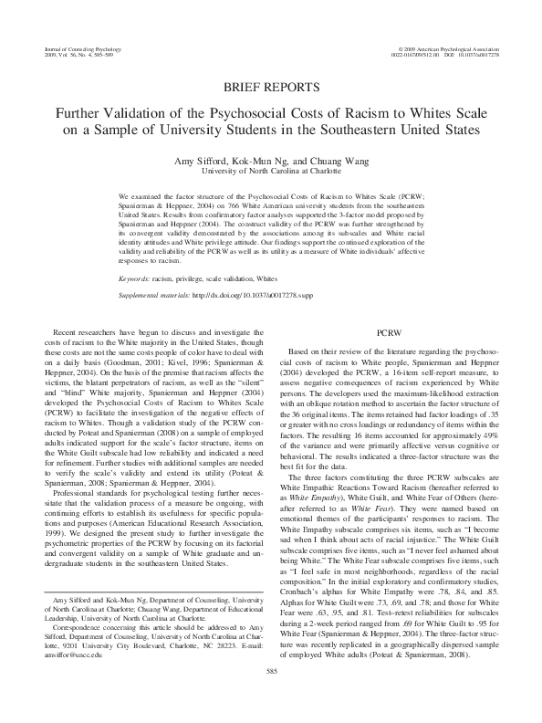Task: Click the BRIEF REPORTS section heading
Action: pyautogui.click(x=271, y=88)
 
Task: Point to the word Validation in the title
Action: pyautogui.click(x=144, y=111)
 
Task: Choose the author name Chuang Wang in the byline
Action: pyautogui.click(x=333, y=160)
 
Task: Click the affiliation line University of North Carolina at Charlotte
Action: pyautogui.click(x=271, y=171)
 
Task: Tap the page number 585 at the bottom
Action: pyautogui.click(x=271, y=697)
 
